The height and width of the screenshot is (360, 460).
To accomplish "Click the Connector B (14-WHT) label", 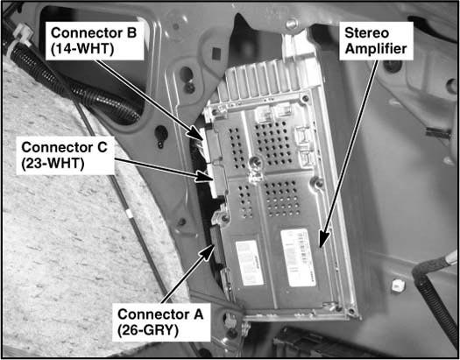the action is click(x=95, y=41).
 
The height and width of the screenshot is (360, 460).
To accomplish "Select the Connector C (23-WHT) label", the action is click(x=65, y=155).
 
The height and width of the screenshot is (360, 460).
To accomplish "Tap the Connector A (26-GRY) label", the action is click(x=161, y=322).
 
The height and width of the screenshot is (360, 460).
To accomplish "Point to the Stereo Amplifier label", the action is click(x=376, y=41).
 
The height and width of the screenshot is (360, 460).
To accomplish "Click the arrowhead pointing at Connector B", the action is click(x=196, y=134).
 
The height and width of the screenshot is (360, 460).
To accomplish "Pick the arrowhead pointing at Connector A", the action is click(x=209, y=253).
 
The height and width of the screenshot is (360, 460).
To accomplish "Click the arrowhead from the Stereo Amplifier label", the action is click(x=323, y=238).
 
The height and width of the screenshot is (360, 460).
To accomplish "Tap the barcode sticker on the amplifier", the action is click(x=298, y=258).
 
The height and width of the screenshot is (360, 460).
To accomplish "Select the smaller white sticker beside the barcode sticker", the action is click(x=250, y=263).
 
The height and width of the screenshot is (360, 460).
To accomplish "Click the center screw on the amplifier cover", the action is click(x=256, y=160).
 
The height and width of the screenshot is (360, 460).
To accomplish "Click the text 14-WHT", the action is click(x=82, y=49).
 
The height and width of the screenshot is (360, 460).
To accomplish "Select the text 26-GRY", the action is click(x=148, y=331).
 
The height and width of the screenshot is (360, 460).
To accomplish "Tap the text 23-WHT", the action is click(x=53, y=164).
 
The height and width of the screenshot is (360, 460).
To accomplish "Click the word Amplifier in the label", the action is click(x=376, y=49).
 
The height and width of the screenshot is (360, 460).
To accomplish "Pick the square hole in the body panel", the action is click(x=216, y=54).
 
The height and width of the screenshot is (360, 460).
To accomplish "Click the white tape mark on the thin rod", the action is click(x=129, y=214).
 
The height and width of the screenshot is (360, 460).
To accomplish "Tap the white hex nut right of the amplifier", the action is click(x=398, y=286).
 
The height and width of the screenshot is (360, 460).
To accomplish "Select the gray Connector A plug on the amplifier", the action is click(x=216, y=245).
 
